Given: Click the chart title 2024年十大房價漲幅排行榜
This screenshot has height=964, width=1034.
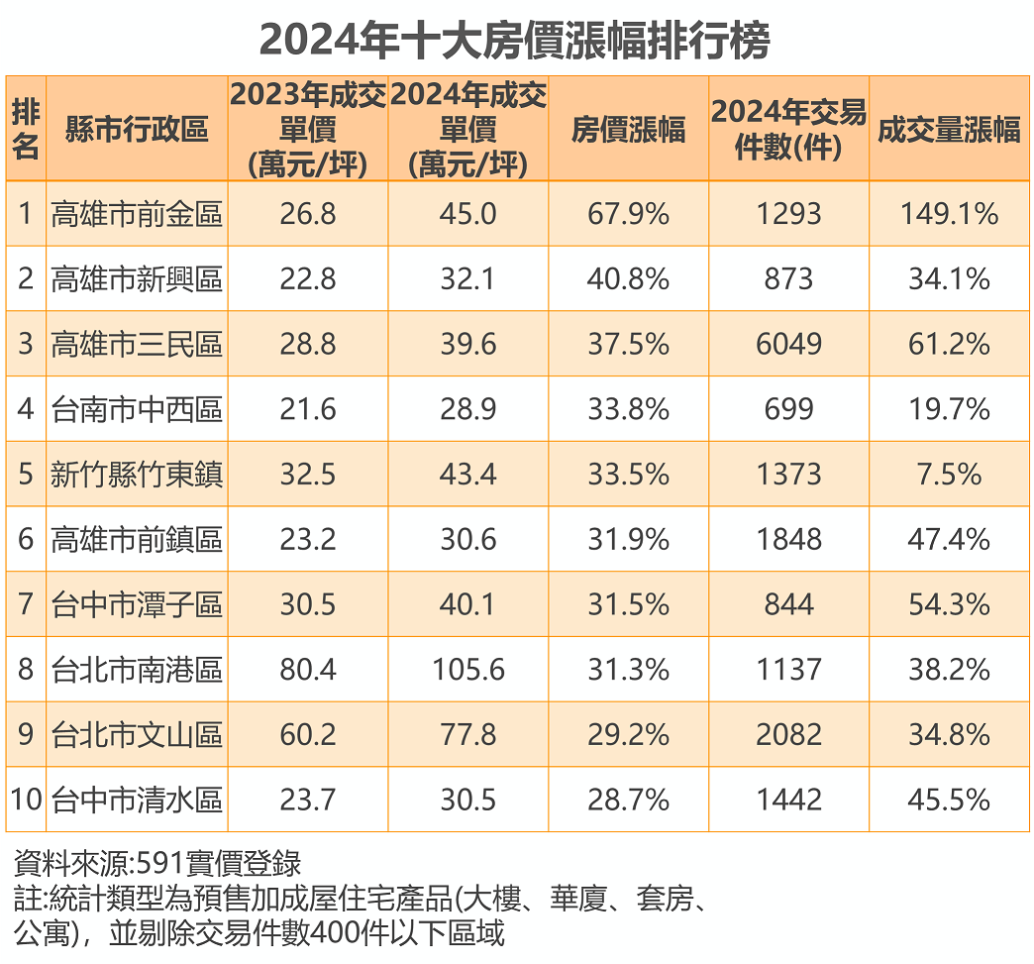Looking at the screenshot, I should tap(515, 41).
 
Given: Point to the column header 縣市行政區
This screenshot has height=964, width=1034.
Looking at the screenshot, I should tap(137, 130).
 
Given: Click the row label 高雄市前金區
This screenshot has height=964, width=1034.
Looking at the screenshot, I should tap(137, 214).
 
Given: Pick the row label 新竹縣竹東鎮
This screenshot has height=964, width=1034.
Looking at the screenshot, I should tap(137, 475).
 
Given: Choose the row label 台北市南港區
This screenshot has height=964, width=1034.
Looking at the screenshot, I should tap(137, 670).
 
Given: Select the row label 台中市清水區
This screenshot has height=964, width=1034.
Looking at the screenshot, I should tap(137, 800).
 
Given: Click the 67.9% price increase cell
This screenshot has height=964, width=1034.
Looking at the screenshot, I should tap(628, 214).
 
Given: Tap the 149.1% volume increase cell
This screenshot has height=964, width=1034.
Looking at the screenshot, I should tap(949, 214).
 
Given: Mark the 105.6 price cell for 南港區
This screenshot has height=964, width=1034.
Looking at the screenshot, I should tap(468, 670).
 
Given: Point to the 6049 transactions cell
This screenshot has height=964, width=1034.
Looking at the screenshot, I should tap(789, 345).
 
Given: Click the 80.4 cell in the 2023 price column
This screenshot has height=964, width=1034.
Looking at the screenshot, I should tap(308, 670).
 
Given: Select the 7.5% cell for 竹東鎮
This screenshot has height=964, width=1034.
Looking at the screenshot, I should tap(949, 475).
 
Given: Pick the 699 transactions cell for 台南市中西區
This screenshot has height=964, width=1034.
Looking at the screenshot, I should tap(789, 409).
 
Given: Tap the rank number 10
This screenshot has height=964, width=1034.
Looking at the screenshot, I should tap(26, 800).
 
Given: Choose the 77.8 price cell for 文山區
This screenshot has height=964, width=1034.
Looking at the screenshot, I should tap(468, 735).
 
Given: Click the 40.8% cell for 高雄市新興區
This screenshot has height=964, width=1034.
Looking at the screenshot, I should tap(628, 279).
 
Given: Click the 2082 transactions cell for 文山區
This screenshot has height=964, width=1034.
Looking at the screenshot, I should tap(789, 735).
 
